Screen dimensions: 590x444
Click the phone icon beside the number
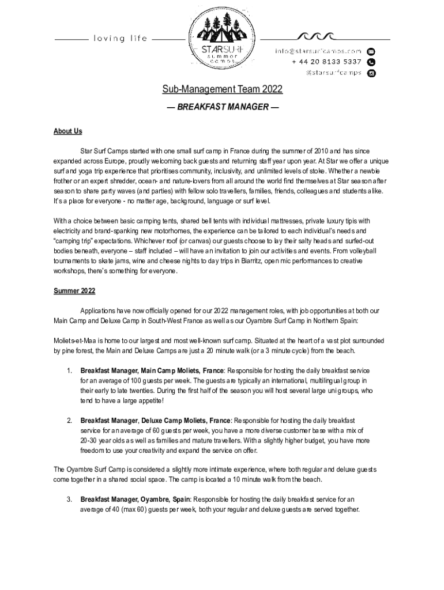371,62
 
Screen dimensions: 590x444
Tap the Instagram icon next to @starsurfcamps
371,73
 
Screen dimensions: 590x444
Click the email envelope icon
371,51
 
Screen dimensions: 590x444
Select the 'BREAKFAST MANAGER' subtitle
222,107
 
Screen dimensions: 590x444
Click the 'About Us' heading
68,131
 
